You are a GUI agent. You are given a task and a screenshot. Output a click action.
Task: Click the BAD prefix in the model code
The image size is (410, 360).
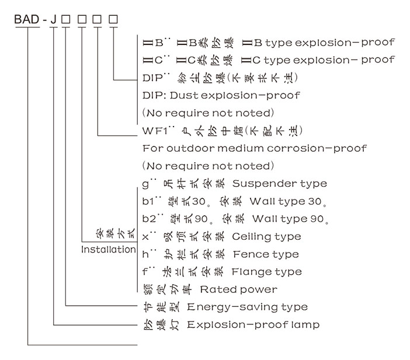(27, 20)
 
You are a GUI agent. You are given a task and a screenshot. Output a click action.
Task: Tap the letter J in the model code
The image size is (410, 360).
(53, 20)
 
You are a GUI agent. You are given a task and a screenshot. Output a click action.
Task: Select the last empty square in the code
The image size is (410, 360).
(113, 20)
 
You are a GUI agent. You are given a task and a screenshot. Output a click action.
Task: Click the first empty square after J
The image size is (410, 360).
(66, 20)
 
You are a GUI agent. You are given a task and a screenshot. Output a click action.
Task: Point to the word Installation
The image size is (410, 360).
(108, 250)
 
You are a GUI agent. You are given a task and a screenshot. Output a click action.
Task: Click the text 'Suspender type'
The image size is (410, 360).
(280, 184)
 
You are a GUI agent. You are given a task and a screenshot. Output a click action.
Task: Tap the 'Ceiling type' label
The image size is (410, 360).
(267, 236)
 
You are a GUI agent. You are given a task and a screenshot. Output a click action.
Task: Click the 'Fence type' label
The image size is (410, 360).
(266, 254)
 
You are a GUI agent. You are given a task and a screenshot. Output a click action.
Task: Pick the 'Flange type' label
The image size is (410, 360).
(267, 272)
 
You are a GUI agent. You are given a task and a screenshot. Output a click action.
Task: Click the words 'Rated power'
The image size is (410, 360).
(238, 289)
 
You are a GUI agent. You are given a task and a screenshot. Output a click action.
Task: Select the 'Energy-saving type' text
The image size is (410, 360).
(247, 307)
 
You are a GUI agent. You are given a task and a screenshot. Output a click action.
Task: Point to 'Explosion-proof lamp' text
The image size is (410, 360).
(253, 324)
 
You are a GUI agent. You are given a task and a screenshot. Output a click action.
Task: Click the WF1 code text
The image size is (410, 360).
(155, 130)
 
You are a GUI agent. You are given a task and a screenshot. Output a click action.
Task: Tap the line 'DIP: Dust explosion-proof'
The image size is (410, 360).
(221, 95)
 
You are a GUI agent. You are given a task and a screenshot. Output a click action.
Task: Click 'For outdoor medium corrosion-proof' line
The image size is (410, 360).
(254, 148)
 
